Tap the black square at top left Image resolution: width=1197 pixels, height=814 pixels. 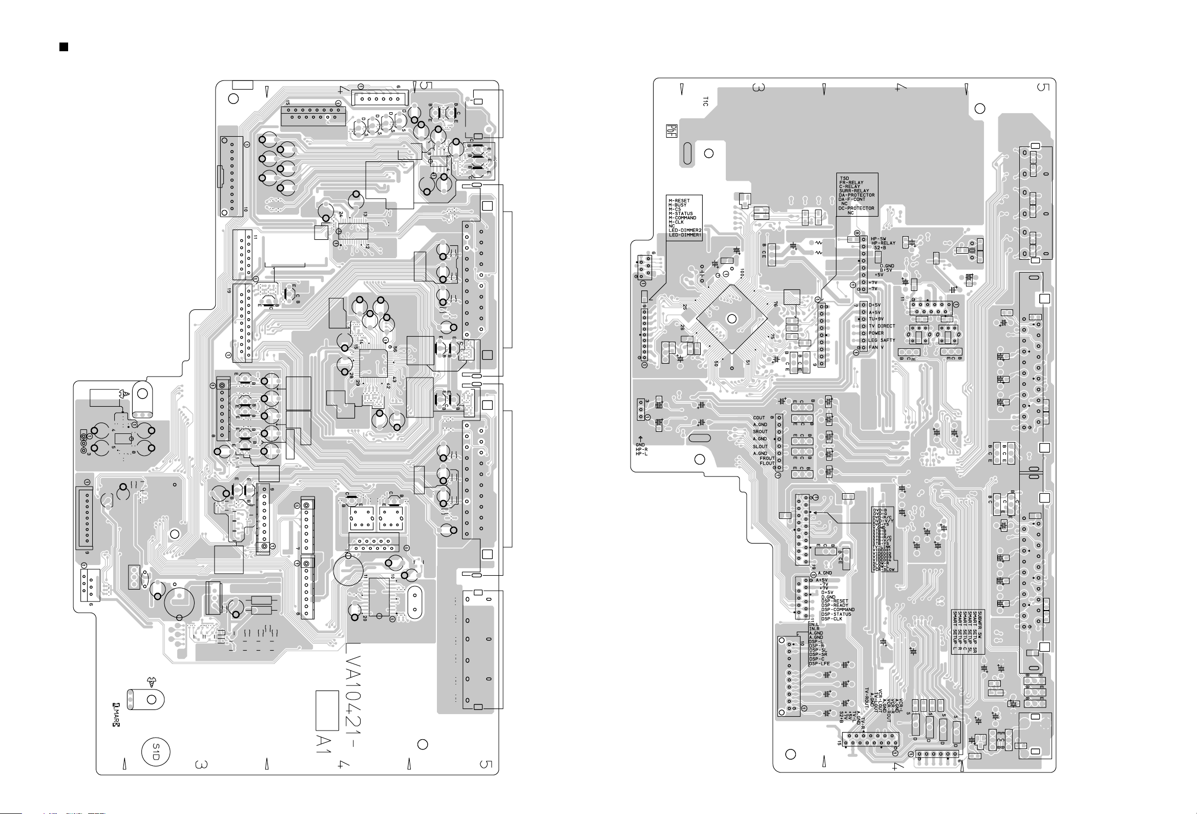pyautogui.click(x=64, y=48)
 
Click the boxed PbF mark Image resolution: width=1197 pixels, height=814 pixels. pyautogui.click(x=671, y=130)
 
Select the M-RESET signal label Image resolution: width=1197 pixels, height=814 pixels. pyautogui.click(x=679, y=201)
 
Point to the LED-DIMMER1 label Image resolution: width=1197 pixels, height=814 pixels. pyautogui.click(x=685, y=235)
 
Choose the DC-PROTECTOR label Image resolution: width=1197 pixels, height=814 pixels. pyautogui.click(x=856, y=208)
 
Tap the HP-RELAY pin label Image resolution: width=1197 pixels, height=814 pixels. pyautogui.click(x=883, y=243)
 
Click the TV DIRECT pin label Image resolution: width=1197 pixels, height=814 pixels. pyautogui.click(x=882, y=326)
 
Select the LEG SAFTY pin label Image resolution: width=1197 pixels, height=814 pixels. pyautogui.click(x=882, y=340)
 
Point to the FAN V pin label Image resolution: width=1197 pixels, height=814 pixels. pyautogui.click(x=876, y=347)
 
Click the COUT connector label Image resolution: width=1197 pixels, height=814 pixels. pyautogui.click(x=759, y=419)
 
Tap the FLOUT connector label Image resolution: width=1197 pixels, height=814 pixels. pyautogui.click(x=767, y=463)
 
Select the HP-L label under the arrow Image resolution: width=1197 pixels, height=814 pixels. pyautogui.click(x=641, y=454)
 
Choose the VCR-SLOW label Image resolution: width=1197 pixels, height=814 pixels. pyautogui.click(x=884, y=570)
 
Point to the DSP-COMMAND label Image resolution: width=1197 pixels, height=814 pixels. pyautogui.click(x=837, y=610)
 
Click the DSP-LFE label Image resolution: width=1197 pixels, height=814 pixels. pyautogui.click(x=819, y=663)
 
